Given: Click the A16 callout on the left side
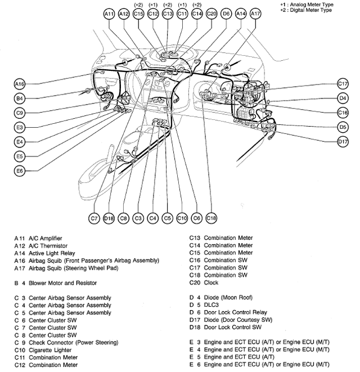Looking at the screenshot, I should tap(20, 83).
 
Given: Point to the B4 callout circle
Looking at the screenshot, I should tap(20, 98).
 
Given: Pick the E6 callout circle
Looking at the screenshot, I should tap(20, 171).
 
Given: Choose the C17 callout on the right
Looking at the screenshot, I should tap(343, 83).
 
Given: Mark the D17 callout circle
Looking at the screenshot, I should tap(343, 142).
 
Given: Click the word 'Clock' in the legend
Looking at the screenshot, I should tap(211, 283).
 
